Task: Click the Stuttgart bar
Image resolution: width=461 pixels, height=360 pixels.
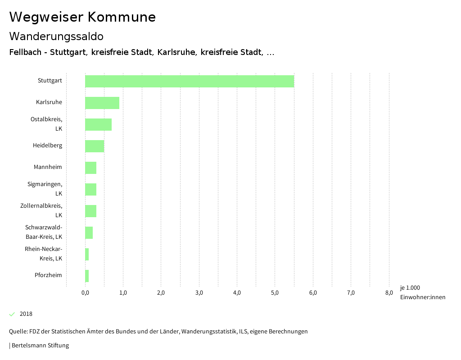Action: (x=190, y=81)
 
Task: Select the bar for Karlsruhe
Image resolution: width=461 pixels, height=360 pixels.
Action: (x=102, y=103)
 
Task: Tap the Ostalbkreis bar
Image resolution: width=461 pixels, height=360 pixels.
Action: (x=98, y=124)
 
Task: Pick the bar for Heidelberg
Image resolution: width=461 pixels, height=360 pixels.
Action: (x=95, y=146)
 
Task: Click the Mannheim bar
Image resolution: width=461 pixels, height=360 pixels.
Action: (x=90, y=168)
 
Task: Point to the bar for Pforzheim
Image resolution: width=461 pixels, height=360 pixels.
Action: (x=87, y=276)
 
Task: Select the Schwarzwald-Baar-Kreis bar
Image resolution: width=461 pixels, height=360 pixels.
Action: (x=89, y=232)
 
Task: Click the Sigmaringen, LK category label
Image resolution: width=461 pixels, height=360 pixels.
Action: (x=45, y=189)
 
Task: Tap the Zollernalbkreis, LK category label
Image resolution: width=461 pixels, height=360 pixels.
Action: (x=41, y=210)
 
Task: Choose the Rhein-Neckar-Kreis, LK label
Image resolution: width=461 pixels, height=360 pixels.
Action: (x=44, y=254)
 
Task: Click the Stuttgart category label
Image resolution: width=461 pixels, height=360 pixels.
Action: (x=50, y=81)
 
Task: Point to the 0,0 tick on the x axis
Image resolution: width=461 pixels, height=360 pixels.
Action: (x=85, y=293)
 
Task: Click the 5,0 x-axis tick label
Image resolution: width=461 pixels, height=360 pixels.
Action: (x=275, y=293)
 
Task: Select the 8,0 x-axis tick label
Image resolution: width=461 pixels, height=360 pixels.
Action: (x=389, y=293)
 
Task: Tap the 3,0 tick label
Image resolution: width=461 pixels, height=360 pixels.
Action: (x=199, y=293)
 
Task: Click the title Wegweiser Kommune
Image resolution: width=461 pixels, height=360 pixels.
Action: (x=82, y=17)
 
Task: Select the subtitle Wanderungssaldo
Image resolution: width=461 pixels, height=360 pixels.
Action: (x=56, y=36)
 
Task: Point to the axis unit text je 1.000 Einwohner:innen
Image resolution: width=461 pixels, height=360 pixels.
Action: (x=422, y=292)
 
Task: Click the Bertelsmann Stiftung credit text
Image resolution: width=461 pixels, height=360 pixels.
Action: (x=40, y=346)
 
